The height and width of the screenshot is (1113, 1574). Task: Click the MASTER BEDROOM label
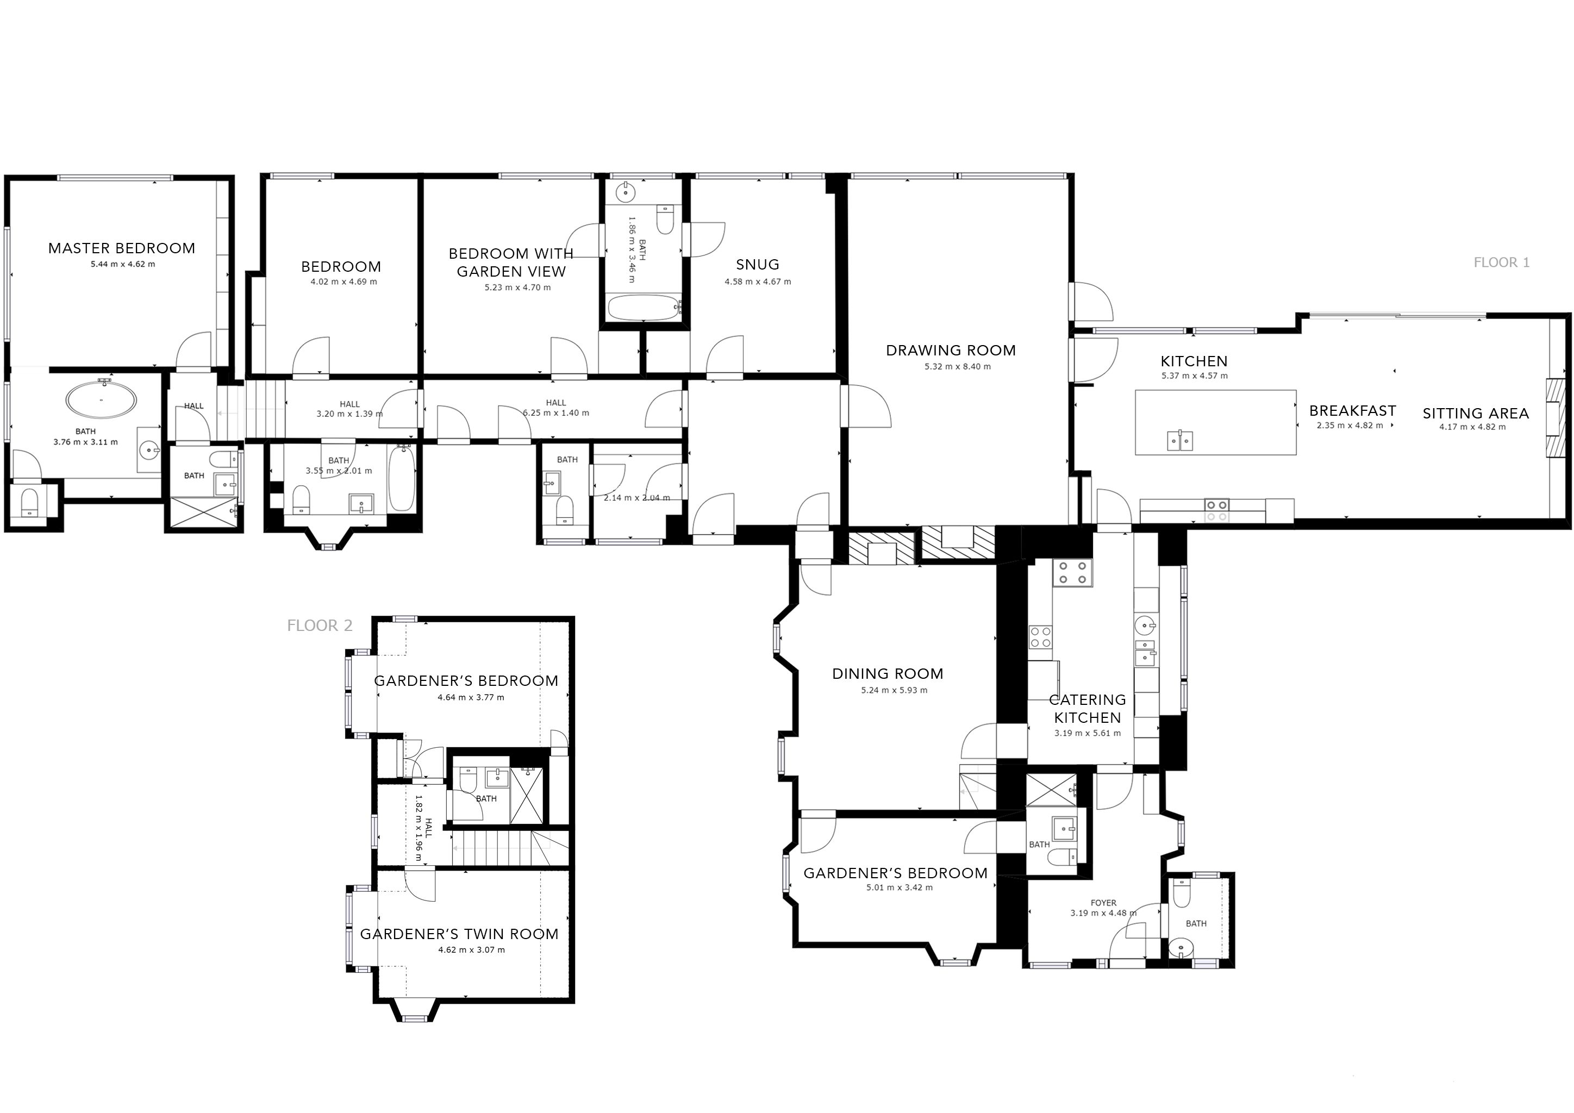pos(121,248)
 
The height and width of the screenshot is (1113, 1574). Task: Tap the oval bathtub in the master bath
pos(102,399)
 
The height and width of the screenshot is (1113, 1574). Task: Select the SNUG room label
pos(758,265)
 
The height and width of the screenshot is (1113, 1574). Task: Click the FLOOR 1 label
pos(1501,262)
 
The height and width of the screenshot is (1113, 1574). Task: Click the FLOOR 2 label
pos(320,626)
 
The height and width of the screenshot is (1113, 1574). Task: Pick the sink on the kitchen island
pos(1180,440)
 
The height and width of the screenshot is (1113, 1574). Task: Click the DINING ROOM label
pos(887,674)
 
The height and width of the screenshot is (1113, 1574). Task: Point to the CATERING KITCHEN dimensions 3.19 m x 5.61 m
pos(1087,733)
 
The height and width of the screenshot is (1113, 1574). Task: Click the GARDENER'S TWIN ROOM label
pos(459,934)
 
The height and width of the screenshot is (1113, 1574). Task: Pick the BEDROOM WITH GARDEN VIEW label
pos(511,262)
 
